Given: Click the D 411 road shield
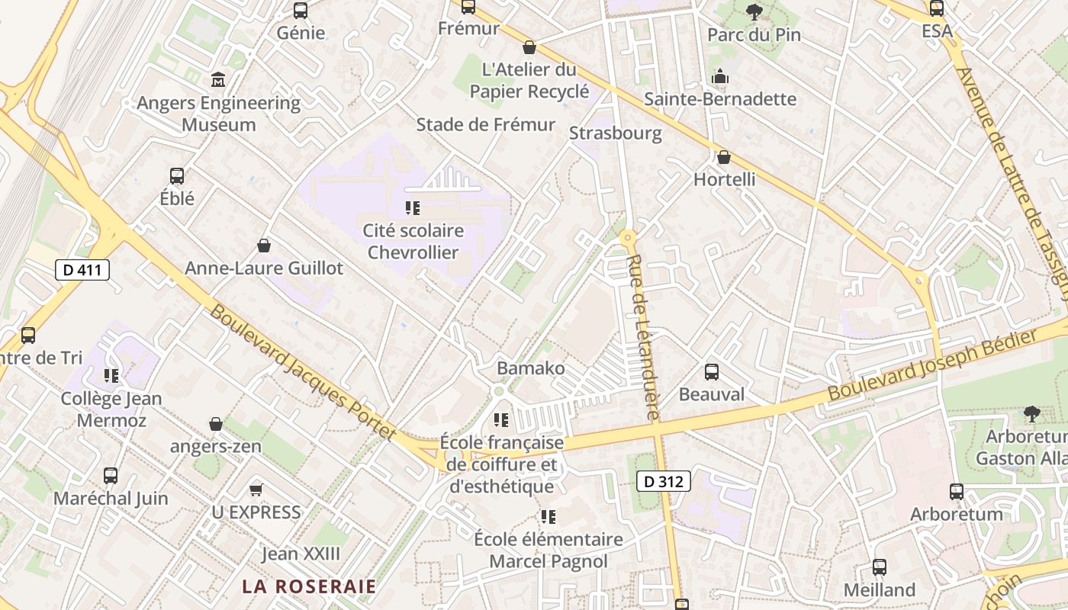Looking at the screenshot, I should coord(82,269).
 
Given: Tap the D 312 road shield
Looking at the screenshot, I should coord(663,481).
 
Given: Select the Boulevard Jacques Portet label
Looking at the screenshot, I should coord(303,372).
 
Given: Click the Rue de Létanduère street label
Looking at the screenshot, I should coord(642,338).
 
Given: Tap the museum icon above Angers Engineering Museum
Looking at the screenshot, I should coord(218,79).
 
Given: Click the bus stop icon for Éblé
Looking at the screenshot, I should coord(177,176).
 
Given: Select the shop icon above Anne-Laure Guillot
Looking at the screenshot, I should coord(264,246).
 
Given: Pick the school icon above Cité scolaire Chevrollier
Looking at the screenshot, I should coord(413,207).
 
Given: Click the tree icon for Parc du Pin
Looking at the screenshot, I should coord(754,11).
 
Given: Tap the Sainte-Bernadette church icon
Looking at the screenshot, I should coord(719,76).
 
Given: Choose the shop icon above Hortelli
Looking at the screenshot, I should coord(724,157).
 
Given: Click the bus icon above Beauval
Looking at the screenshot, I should coord(712,372).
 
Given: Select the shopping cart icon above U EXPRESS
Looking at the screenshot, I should coord(256,490).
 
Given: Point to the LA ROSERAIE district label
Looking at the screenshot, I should coord(309,586).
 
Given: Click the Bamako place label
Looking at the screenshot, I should coord(531,368).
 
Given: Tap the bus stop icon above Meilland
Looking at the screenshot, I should coord(879,567).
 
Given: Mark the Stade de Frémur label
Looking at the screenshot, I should coord(486,124).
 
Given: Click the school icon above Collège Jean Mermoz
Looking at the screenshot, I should coord(111,376).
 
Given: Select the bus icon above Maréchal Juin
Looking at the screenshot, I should coord(111,476).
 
